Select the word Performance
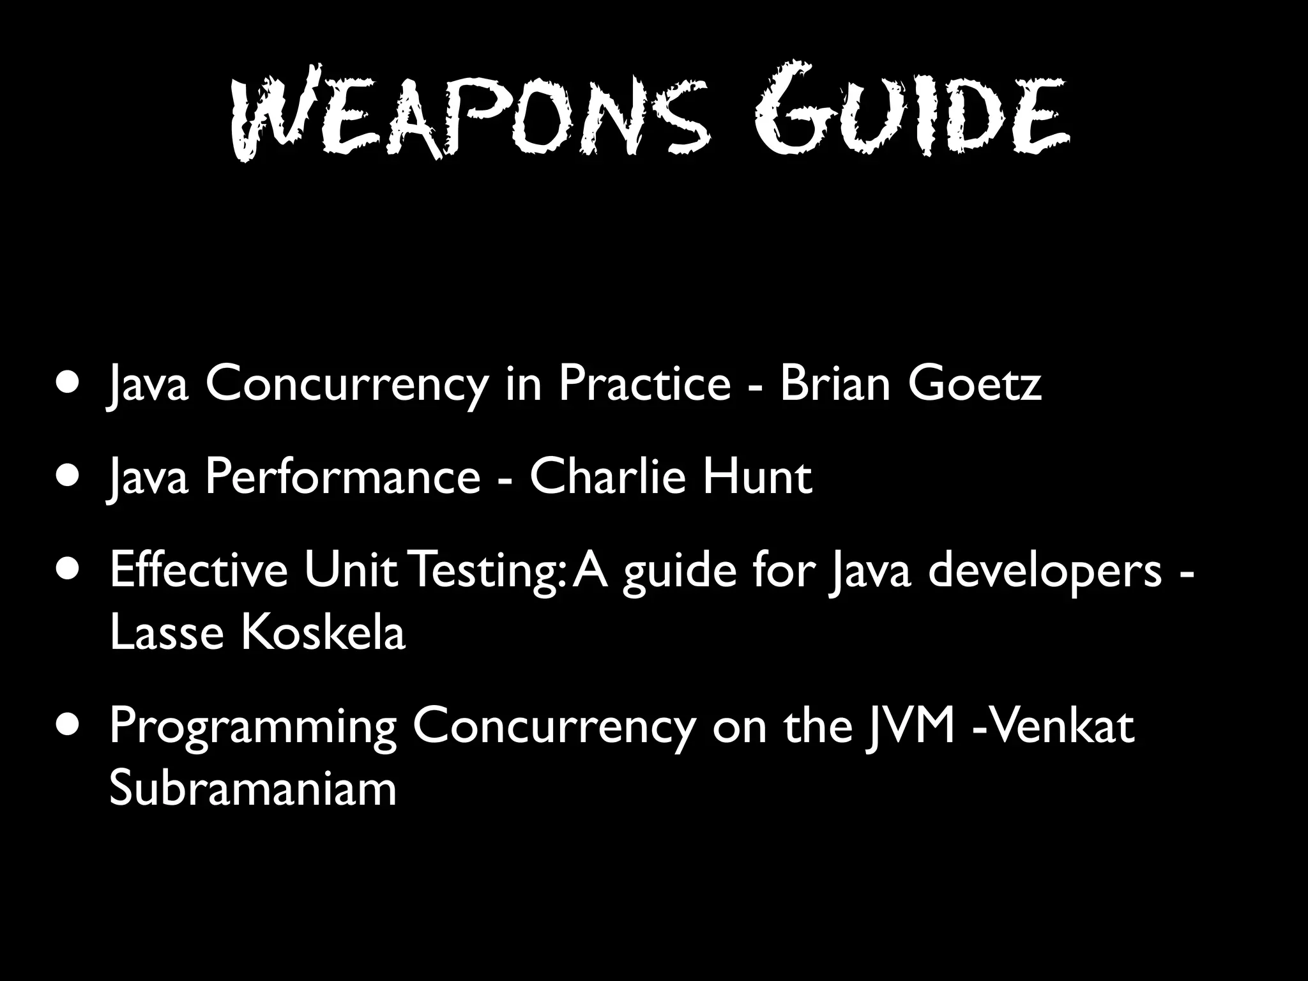point(342,477)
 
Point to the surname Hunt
point(757,477)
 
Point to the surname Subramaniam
point(253,789)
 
